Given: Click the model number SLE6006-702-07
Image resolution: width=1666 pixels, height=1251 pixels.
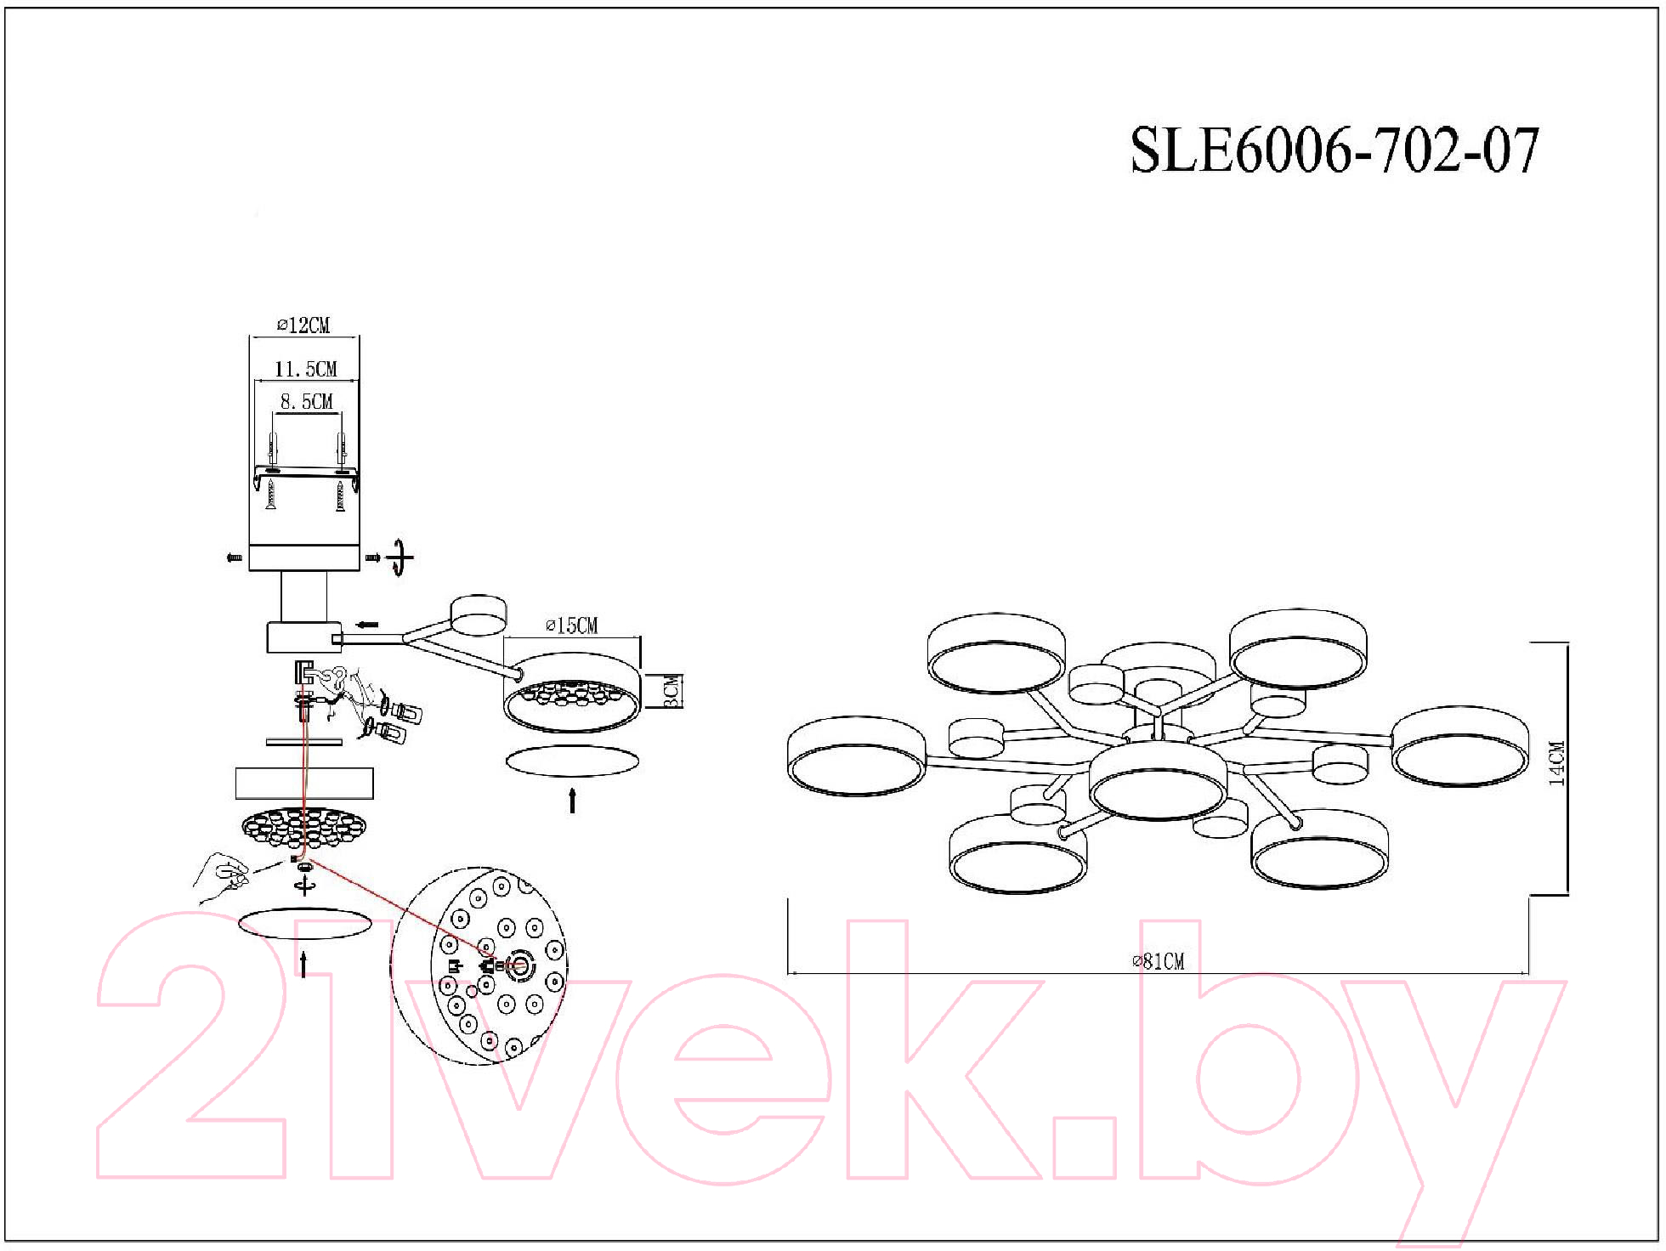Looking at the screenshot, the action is [x=1334, y=151].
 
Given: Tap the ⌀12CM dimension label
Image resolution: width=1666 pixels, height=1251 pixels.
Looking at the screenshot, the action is [x=303, y=325].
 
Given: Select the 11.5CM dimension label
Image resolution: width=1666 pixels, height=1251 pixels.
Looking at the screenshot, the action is [x=305, y=369].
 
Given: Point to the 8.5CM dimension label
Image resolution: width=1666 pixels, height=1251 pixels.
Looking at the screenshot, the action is [x=306, y=401].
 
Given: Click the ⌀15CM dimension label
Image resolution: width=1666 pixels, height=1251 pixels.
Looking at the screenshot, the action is [x=571, y=625].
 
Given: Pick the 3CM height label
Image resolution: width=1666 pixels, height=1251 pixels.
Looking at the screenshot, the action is [x=671, y=691].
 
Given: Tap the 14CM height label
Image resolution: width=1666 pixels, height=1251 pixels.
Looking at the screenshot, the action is [x=1555, y=763].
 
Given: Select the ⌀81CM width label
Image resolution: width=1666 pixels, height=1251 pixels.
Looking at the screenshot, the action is [x=1158, y=961].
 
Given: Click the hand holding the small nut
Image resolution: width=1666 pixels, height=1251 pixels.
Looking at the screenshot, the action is [x=223, y=877].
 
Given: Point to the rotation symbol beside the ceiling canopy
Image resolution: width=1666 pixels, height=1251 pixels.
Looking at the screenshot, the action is [x=399, y=558].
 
